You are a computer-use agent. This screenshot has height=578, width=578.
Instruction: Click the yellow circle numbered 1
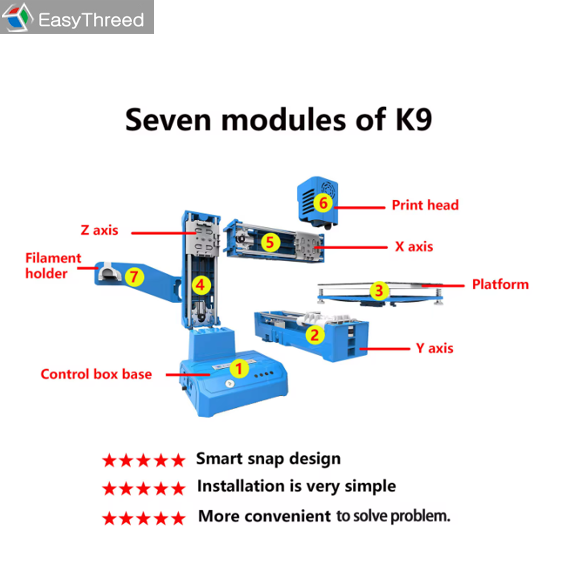tap(239, 368)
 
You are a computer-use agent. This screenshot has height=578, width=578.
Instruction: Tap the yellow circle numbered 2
tap(315, 335)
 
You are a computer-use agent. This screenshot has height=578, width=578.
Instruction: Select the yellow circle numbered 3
tap(379, 291)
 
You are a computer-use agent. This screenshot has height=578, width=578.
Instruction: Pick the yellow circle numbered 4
tap(201, 285)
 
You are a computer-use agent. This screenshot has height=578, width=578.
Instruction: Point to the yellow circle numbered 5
tap(270, 242)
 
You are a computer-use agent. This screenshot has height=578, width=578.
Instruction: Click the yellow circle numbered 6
tap(323, 203)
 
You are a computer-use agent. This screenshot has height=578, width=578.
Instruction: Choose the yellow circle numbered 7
tap(134, 277)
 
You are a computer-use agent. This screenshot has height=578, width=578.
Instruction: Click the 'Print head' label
tap(425, 205)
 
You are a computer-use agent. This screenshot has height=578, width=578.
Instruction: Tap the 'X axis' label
tap(414, 247)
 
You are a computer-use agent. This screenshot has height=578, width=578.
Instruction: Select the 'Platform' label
tap(500, 284)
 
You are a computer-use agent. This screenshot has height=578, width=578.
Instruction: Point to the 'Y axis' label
tap(434, 348)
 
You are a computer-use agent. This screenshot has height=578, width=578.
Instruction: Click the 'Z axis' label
tap(99, 230)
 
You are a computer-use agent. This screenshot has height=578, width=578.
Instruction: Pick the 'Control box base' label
tap(96, 374)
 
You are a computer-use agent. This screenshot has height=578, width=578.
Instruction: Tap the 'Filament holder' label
tap(53, 265)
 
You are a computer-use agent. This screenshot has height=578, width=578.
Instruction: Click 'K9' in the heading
tap(413, 120)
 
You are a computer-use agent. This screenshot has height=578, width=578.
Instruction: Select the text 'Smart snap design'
tap(268, 459)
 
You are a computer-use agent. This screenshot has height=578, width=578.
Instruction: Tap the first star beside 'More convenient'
tap(109, 519)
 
